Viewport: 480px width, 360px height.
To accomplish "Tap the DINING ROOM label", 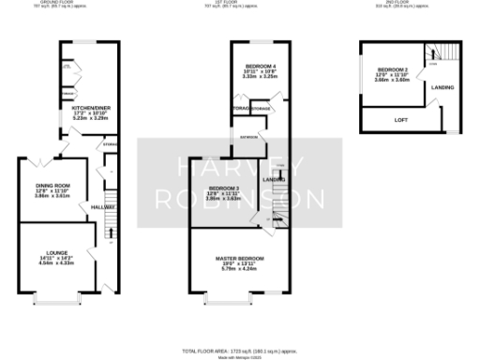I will point(53,186).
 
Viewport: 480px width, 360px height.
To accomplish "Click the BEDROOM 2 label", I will point(394,70).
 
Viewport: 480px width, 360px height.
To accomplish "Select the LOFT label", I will point(399,119).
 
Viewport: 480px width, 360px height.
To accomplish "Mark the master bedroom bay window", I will point(228,301).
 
